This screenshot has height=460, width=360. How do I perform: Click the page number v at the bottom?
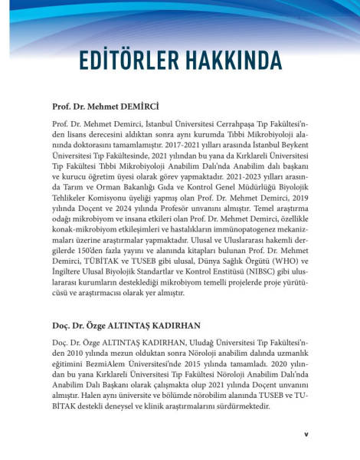(x=306, y=433)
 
